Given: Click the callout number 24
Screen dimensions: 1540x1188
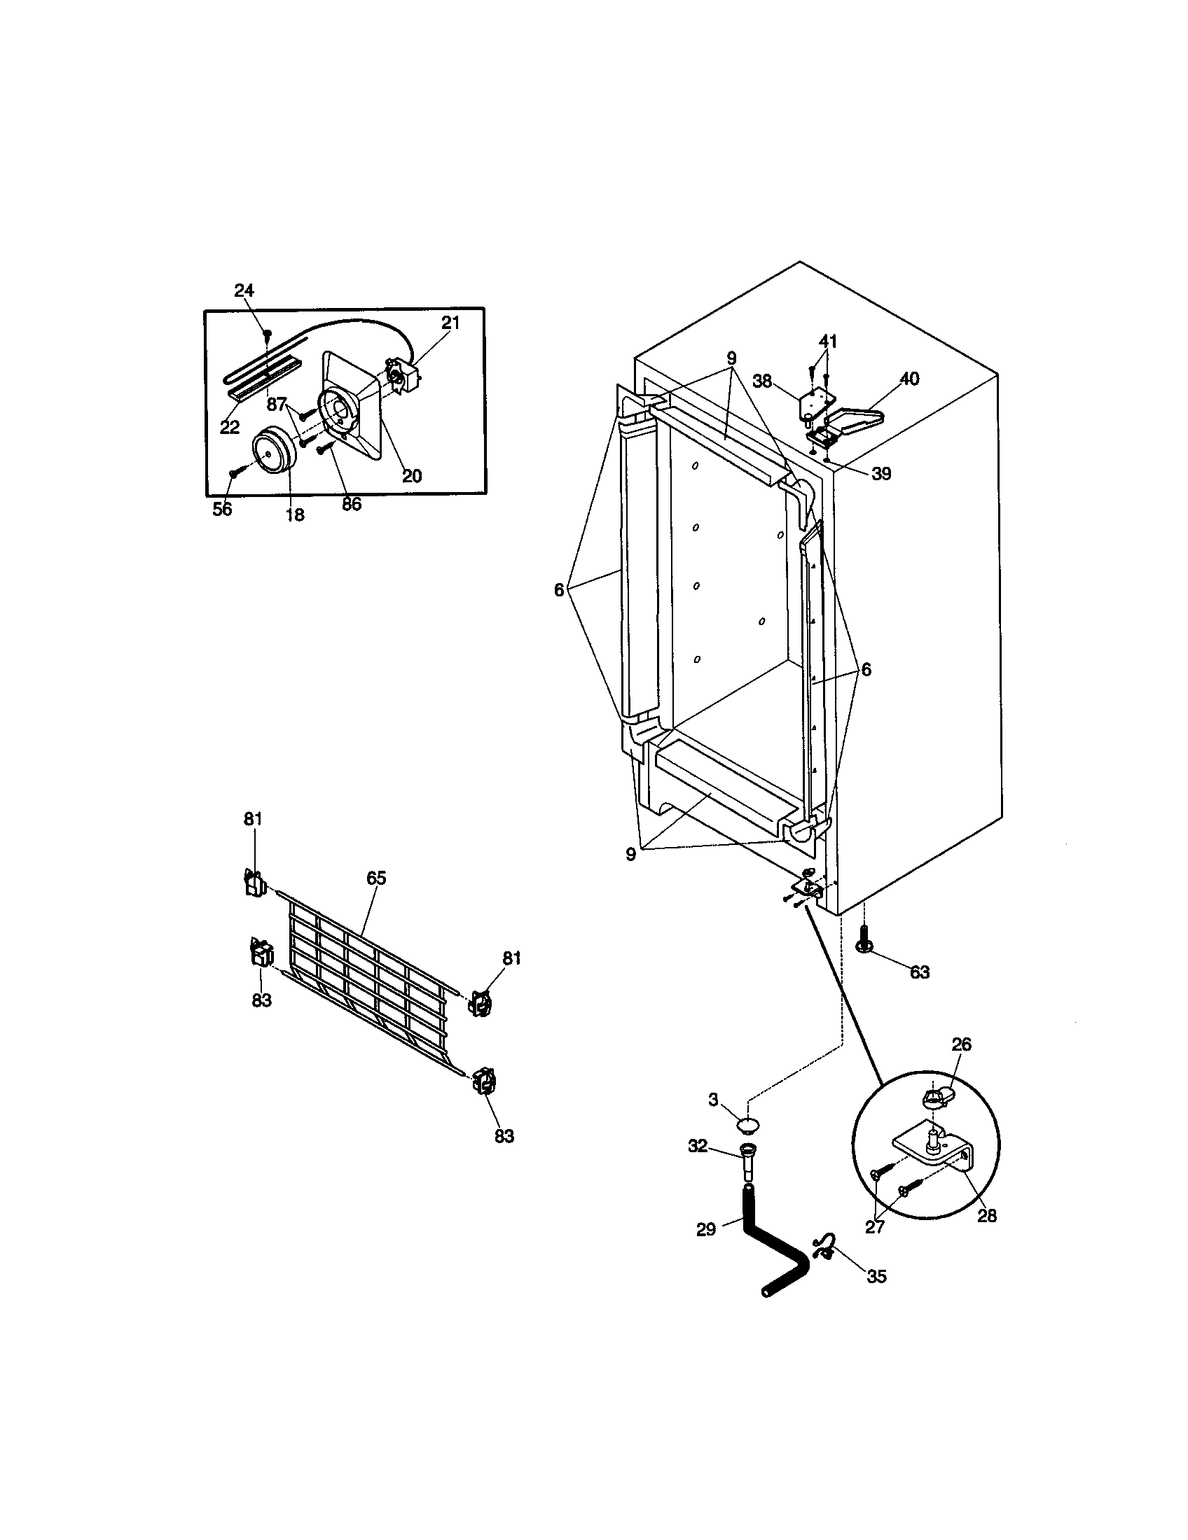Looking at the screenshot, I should pos(244,290).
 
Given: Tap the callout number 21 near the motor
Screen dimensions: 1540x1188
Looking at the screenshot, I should pos(450,323).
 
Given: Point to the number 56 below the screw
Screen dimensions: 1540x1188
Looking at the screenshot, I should pos(222,509).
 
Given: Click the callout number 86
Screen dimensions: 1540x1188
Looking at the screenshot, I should pos(351,504).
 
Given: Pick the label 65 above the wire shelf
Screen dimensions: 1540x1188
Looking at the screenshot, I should pos(376,878).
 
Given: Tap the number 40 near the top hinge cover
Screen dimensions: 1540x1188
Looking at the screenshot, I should pos(909,379).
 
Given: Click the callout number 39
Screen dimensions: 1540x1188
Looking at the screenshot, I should pos(880,474).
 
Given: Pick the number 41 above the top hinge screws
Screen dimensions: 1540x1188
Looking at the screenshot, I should pos(827,342).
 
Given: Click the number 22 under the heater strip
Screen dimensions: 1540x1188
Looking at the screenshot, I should pos(230,426).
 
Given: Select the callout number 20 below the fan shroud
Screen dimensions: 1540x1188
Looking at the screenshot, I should pos(411,475).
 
